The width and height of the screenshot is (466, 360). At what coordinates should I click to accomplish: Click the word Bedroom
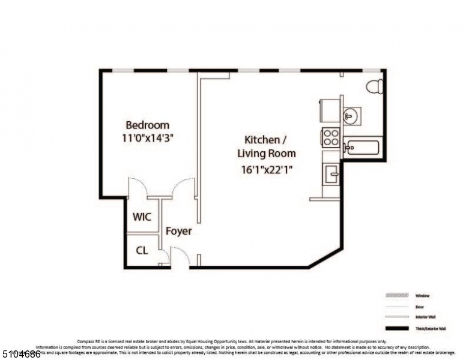point(147,125)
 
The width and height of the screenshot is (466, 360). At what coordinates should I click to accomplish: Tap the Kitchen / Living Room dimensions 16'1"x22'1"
point(266,169)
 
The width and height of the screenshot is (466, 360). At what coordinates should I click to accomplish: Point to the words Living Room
point(266,153)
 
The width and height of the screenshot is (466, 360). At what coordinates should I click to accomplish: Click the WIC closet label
point(142,217)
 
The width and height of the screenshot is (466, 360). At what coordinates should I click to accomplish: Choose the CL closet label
point(142,250)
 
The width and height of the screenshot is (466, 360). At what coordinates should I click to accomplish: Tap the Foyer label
point(178,231)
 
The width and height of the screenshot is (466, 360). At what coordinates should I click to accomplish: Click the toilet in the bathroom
point(375,86)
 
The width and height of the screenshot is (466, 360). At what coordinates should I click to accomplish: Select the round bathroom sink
point(351,114)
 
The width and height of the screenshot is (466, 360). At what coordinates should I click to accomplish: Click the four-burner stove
point(331,137)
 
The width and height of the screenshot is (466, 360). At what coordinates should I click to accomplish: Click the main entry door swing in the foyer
point(181,258)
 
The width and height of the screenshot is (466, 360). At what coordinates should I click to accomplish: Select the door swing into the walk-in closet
point(138,187)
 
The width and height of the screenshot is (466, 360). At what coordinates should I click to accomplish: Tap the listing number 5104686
point(21,354)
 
